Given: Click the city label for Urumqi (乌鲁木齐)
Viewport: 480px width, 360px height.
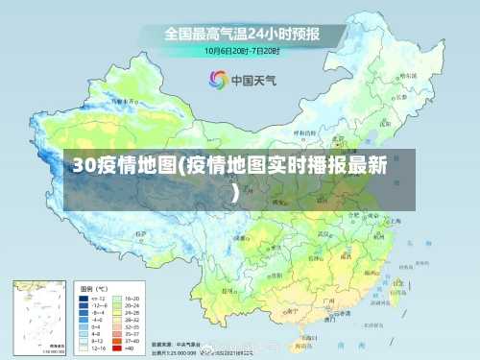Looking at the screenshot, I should coord(123,99).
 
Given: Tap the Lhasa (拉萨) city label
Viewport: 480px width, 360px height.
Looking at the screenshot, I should coord(141,233).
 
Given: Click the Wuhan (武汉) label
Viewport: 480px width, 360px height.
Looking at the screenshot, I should coord(326,231).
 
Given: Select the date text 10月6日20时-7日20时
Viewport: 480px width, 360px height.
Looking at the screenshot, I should coord(241,50).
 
